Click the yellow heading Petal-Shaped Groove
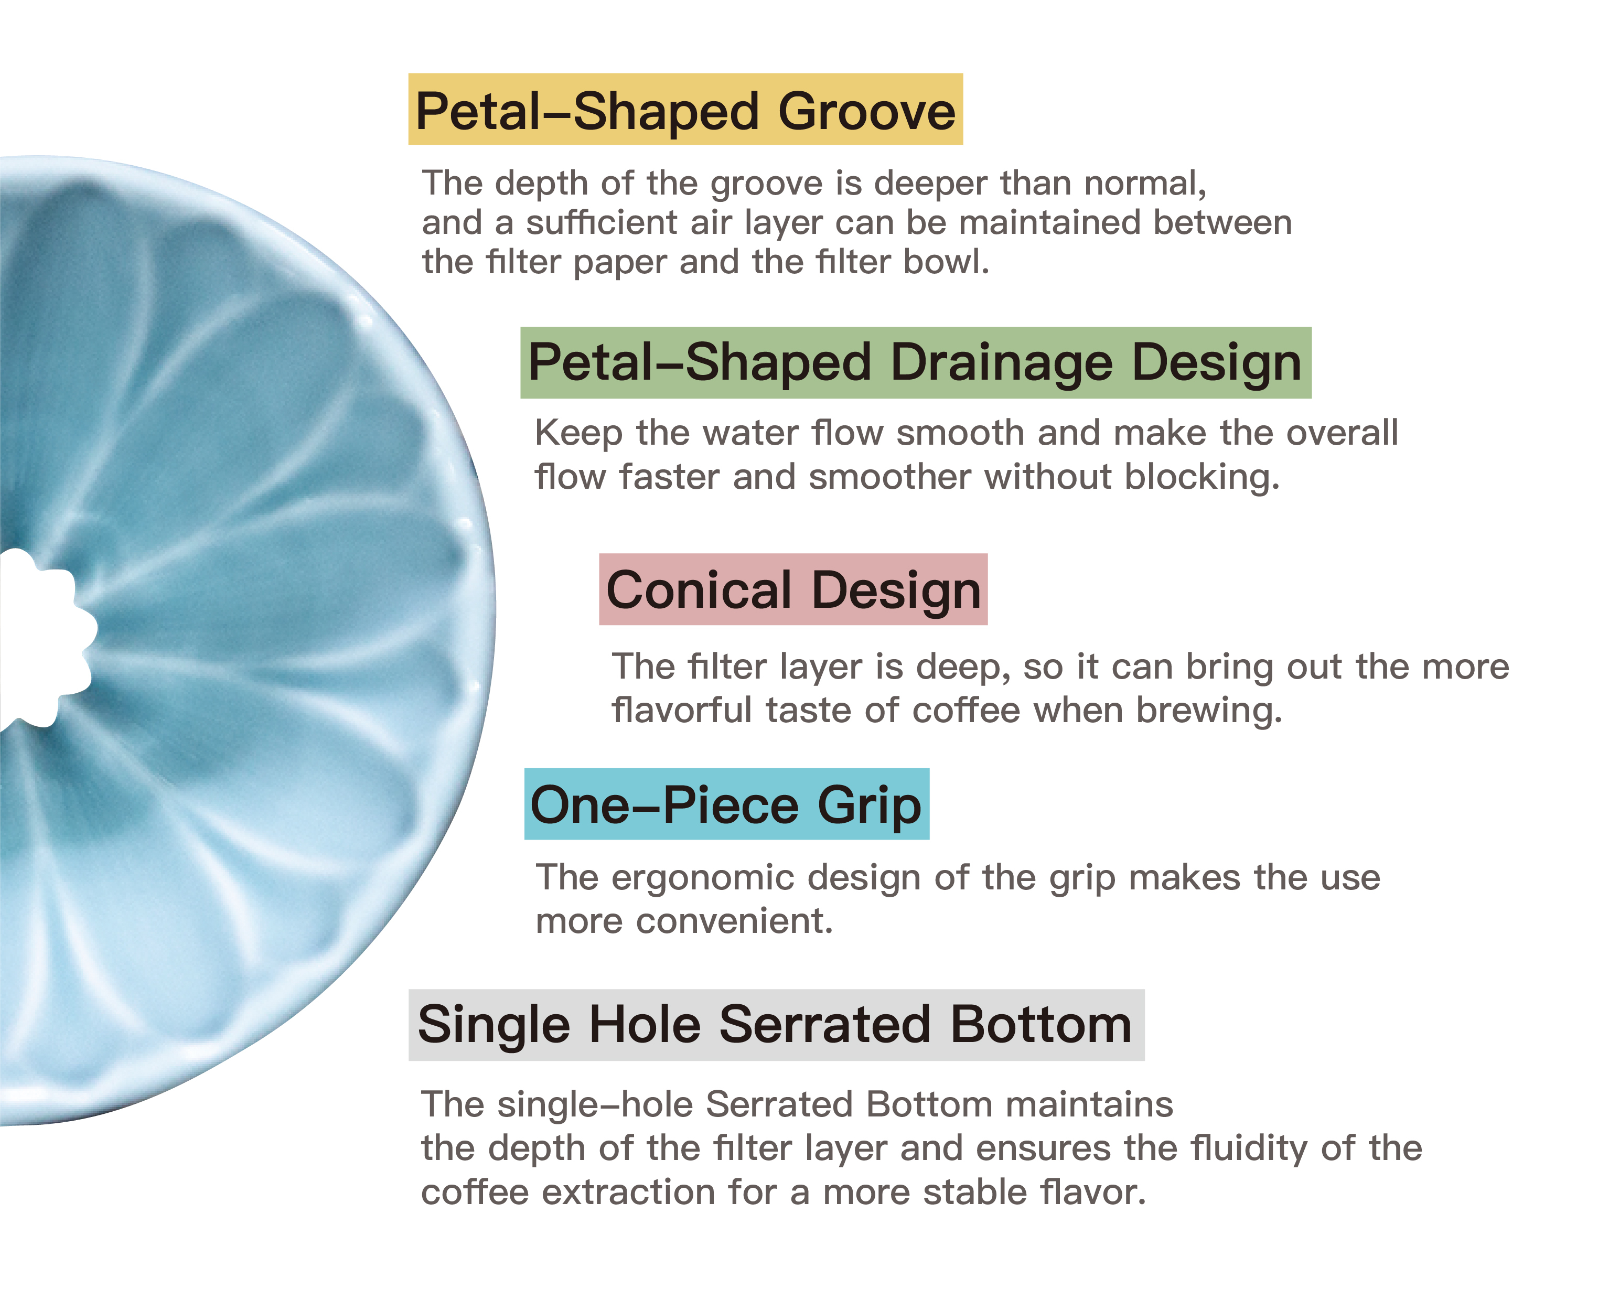[x=685, y=110]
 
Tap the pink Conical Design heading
[x=793, y=589]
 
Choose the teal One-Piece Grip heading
[x=726, y=804]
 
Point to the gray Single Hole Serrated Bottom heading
[x=776, y=1024]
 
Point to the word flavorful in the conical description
[x=681, y=710]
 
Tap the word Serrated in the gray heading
[x=824, y=1024]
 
